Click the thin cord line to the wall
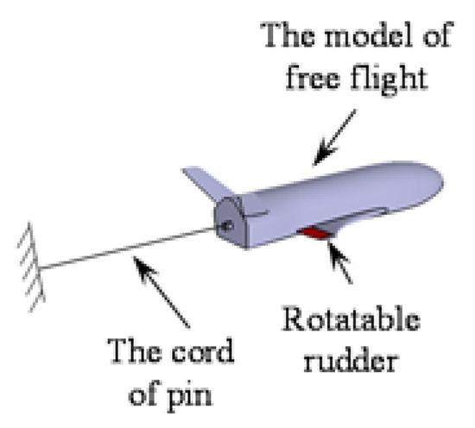coord(130,248)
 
